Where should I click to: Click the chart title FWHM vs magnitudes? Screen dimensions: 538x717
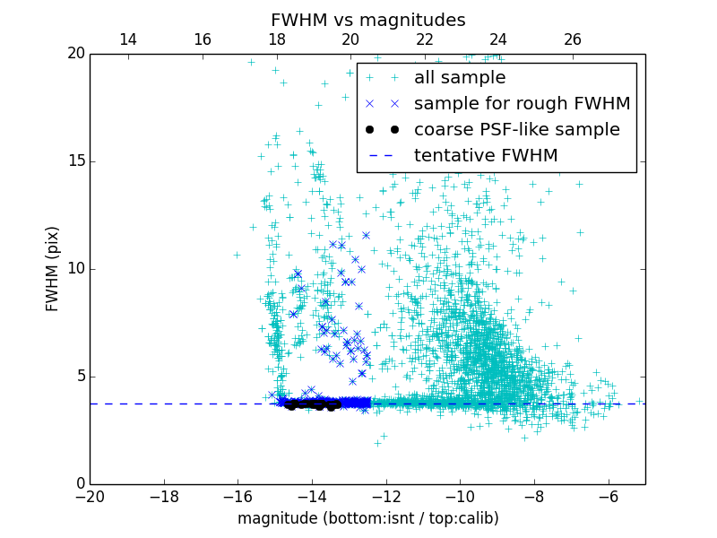[x=367, y=20]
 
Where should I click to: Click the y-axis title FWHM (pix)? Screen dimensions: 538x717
[x=53, y=269]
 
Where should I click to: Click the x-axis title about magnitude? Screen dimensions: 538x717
[x=367, y=518]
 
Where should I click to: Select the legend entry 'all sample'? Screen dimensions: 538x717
[x=459, y=78]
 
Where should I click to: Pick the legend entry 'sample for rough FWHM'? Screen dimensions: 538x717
[x=522, y=104]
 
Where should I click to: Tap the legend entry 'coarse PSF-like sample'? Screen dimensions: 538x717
[x=516, y=130]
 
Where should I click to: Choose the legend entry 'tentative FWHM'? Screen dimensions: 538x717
[x=485, y=156]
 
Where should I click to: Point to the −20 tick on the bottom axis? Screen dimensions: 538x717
[x=90, y=496]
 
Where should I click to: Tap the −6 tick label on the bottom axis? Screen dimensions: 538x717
[x=608, y=496]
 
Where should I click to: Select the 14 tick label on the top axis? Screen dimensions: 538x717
[x=128, y=39]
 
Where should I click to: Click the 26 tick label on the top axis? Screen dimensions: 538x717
[x=573, y=39]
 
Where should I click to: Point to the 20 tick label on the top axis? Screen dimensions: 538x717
[x=350, y=39]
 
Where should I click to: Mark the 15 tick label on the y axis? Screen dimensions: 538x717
[x=74, y=161]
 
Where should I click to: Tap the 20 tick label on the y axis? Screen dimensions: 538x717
[x=74, y=54]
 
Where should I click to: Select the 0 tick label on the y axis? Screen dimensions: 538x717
[x=79, y=484]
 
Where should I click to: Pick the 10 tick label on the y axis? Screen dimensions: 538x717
[x=74, y=269]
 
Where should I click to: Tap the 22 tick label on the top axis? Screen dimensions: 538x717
[x=425, y=39]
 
